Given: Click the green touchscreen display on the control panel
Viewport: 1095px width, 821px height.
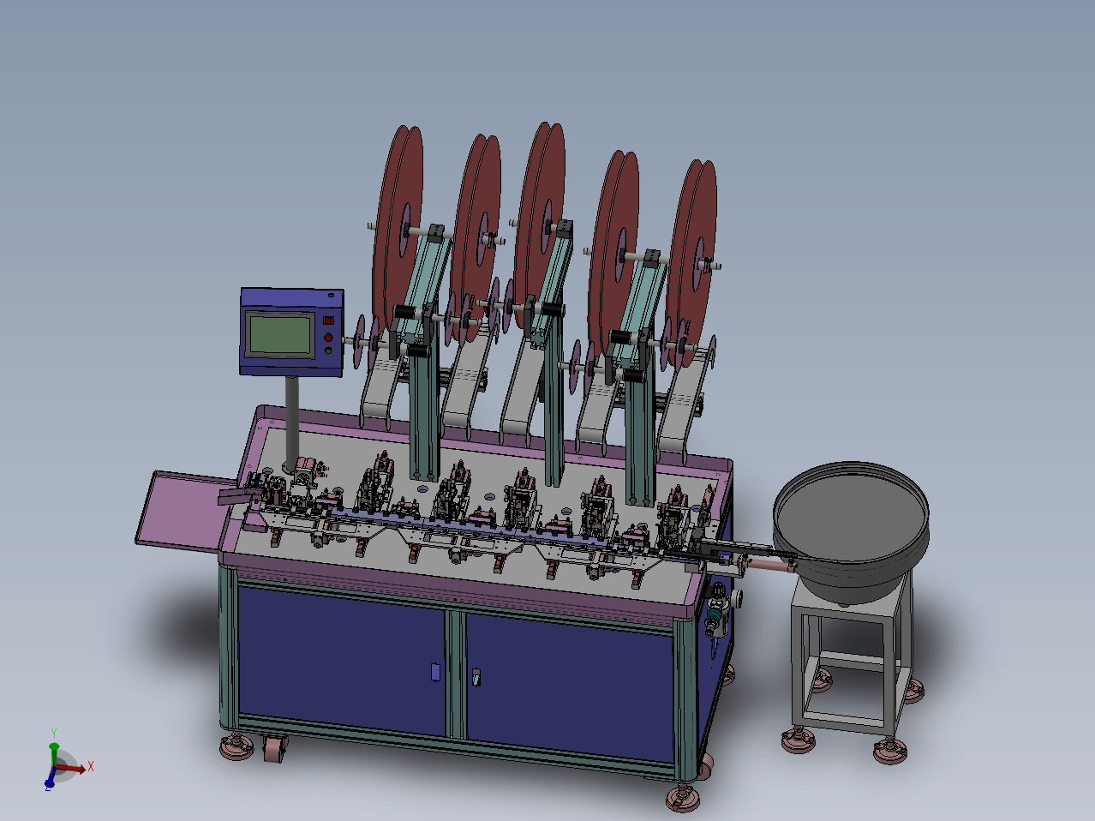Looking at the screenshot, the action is (280, 335).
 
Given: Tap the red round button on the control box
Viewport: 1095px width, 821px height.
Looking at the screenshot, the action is (328, 338).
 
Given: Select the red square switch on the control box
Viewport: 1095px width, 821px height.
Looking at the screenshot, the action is (328, 321).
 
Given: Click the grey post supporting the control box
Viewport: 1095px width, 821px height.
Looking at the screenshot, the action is (292, 422).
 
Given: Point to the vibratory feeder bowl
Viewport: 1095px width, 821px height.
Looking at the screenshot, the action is (851, 530).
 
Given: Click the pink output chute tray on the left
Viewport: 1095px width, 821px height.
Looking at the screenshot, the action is (184, 512).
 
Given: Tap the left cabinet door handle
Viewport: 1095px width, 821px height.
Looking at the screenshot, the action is (435, 672).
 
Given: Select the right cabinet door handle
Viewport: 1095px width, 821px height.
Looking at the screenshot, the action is (476, 677).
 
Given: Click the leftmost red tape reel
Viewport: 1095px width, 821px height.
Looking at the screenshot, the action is (398, 227).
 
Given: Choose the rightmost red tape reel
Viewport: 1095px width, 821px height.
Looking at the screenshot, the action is (691, 262).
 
